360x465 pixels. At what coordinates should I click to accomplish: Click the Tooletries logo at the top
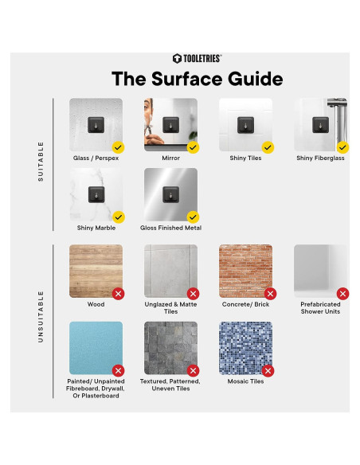(x=197, y=58)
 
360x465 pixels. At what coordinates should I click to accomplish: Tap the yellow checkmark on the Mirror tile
(x=193, y=147)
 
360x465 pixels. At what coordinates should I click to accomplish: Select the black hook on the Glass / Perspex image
(x=96, y=125)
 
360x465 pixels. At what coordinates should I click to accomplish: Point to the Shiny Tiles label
(x=245, y=158)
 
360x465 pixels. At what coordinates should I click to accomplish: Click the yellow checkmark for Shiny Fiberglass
(x=342, y=147)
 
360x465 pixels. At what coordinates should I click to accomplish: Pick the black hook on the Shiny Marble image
(x=96, y=195)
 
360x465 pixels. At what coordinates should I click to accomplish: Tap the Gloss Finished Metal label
(x=170, y=228)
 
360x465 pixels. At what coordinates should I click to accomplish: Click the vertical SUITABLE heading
(x=41, y=162)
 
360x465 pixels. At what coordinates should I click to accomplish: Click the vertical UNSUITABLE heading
(x=41, y=317)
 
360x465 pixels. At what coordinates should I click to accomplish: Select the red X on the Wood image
(x=119, y=294)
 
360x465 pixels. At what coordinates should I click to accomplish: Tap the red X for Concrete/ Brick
(x=271, y=294)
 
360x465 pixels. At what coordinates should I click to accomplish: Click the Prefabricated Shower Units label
(x=320, y=308)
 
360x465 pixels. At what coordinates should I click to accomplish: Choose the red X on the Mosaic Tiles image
(x=268, y=371)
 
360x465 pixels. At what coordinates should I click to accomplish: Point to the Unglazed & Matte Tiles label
(x=170, y=308)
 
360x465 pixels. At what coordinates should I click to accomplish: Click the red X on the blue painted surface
(x=119, y=371)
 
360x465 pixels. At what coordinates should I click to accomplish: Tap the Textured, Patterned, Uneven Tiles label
(x=170, y=385)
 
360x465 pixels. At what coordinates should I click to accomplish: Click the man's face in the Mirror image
(x=149, y=112)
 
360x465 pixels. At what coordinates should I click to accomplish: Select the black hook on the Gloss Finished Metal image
(x=170, y=195)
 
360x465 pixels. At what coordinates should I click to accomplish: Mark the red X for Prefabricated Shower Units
(x=342, y=294)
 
